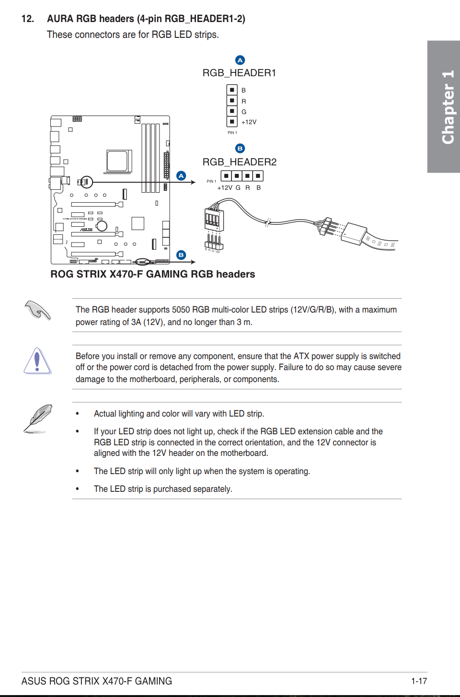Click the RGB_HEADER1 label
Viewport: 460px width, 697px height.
pos(239,73)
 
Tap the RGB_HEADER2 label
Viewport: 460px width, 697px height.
pos(239,162)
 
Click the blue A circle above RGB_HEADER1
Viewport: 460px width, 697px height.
pos(240,60)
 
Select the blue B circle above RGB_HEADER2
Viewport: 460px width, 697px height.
pos(240,149)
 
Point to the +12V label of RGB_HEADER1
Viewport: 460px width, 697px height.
pos(249,122)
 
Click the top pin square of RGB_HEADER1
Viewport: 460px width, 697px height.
pos(232,90)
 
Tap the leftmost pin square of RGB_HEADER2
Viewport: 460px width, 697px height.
pos(226,176)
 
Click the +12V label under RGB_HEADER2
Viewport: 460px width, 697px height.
pos(225,188)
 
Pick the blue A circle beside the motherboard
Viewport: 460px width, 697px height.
pos(181,175)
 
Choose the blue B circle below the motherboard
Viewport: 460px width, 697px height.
pos(181,255)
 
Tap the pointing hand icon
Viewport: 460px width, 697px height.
pos(37,310)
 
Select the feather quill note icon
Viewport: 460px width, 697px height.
pos(37,418)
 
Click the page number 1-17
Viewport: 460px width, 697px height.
pos(419,681)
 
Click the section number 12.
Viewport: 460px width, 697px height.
pos(28,19)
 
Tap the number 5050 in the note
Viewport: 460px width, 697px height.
pos(181,310)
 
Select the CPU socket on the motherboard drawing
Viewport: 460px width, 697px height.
pos(118,161)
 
